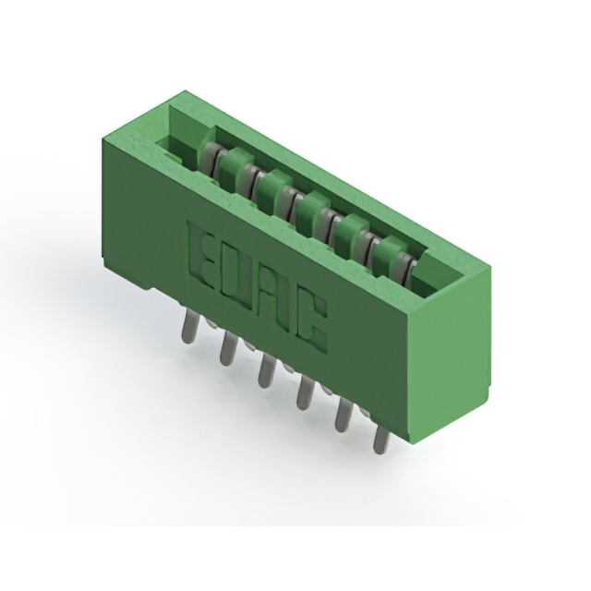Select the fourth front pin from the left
[304, 393]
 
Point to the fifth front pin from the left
[343, 415]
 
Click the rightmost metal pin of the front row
[380, 436]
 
